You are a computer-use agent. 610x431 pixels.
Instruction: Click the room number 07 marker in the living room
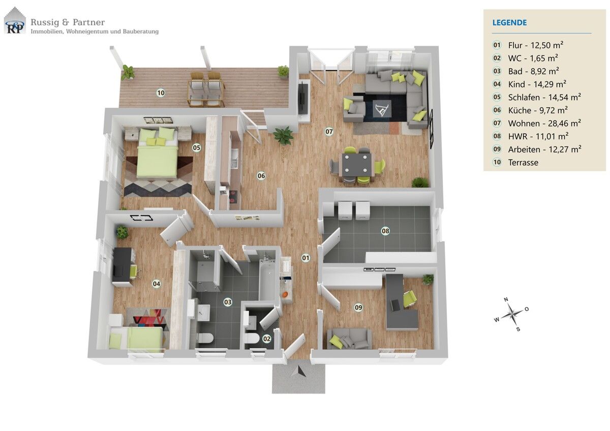click(x=329, y=132)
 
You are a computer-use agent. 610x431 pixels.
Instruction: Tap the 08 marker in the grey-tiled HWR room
click(x=385, y=231)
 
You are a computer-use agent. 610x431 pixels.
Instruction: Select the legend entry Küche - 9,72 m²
click(x=537, y=110)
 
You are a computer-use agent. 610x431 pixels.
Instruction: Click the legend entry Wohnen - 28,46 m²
click(x=544, y=123)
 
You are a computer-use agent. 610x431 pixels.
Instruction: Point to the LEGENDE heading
click(x=509, y=22)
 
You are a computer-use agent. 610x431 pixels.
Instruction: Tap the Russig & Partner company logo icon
click(x=15, y=21)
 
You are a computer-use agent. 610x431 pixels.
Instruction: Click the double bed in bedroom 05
click(x=157, y=154)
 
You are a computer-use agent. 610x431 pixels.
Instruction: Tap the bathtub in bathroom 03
click(x=268, y=281)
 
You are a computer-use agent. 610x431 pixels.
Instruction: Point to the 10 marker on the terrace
click(x=161, y=93)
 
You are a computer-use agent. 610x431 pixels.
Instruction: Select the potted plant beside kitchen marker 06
click(x=283, y=136)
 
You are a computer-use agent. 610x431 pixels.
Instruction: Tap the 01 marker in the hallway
click(x=306, y=258)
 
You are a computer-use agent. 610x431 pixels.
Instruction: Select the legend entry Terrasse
click(x=523, y=163)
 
